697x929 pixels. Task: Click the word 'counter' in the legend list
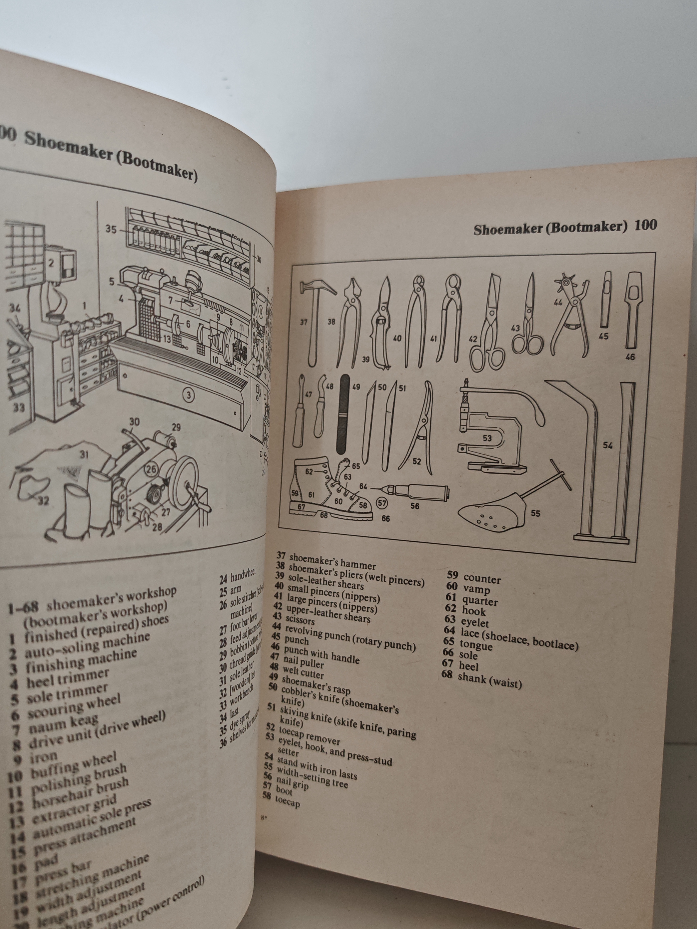click(482, 579)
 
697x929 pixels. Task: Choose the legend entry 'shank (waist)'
click(489, 679)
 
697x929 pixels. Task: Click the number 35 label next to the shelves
click(111, 229)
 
